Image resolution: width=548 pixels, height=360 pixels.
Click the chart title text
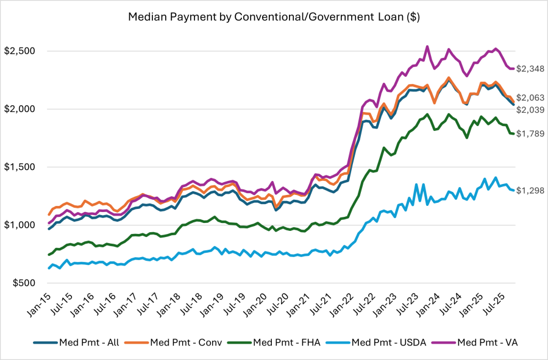click(274, 17)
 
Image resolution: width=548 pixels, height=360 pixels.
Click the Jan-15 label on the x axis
click(38, 305)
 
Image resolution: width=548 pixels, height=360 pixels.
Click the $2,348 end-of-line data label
click(530, 69)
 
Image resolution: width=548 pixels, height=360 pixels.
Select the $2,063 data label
click(530, 97)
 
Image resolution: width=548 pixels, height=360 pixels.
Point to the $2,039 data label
click(530, 110)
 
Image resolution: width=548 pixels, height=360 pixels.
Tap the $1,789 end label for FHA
click(530, 133)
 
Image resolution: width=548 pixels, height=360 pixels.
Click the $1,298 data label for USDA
click(530, 191)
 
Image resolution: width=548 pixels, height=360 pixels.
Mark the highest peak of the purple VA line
click(427, 46)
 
